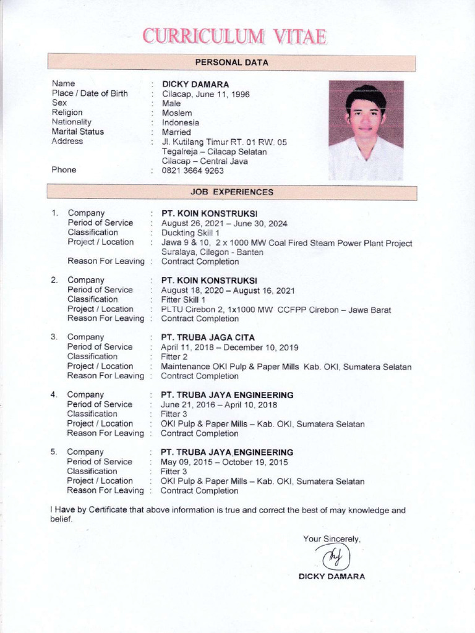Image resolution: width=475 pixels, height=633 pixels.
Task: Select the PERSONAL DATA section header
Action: (231, 62)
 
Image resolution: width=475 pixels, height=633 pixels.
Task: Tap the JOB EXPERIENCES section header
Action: (231, 192)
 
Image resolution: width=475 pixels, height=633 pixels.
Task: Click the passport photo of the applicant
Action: (366, 130)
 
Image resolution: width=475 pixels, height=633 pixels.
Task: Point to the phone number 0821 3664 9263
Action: (192, 171)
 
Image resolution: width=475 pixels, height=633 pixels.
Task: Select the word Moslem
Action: (177, 113)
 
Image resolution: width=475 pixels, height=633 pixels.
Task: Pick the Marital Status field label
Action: (78, 132)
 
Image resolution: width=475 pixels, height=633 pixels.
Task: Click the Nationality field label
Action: (72, 122)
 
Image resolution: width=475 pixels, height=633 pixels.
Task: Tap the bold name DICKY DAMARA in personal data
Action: (195, 84)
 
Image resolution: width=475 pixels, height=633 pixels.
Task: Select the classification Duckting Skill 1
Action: (190, 233)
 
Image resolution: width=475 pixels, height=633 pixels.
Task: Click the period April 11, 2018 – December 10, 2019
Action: (229, 347)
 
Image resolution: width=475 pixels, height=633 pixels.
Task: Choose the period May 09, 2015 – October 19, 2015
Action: (224, 462)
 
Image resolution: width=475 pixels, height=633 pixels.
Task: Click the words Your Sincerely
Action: (332, 539)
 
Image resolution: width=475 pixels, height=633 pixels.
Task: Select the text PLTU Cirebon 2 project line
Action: (276, 310)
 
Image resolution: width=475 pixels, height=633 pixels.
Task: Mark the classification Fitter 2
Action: (174, 357)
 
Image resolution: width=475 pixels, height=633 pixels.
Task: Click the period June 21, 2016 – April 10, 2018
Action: (219, 405)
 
